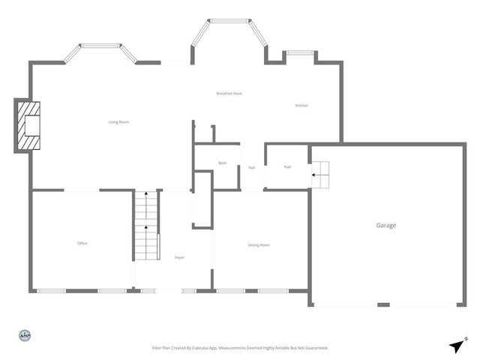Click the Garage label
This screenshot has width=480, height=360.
tap(386, 225)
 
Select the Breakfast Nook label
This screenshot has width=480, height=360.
tap(229, 93)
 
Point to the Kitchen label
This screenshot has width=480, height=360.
tap(301, 105)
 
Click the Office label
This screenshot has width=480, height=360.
tap(82, 243)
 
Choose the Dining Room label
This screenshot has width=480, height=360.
tap(259, 245)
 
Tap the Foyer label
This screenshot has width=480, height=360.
tap(179, 257)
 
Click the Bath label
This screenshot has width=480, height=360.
tap(223, 163)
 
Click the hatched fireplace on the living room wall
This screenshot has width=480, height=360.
tap(31, 125)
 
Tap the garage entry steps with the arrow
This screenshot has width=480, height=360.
tap(320, 175)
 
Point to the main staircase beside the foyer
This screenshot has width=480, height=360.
tap(147, 225)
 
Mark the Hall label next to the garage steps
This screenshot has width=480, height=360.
tap(287, 166)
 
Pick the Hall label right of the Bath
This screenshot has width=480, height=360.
tap(251, 167)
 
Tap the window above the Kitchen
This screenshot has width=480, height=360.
tap(300, 53)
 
